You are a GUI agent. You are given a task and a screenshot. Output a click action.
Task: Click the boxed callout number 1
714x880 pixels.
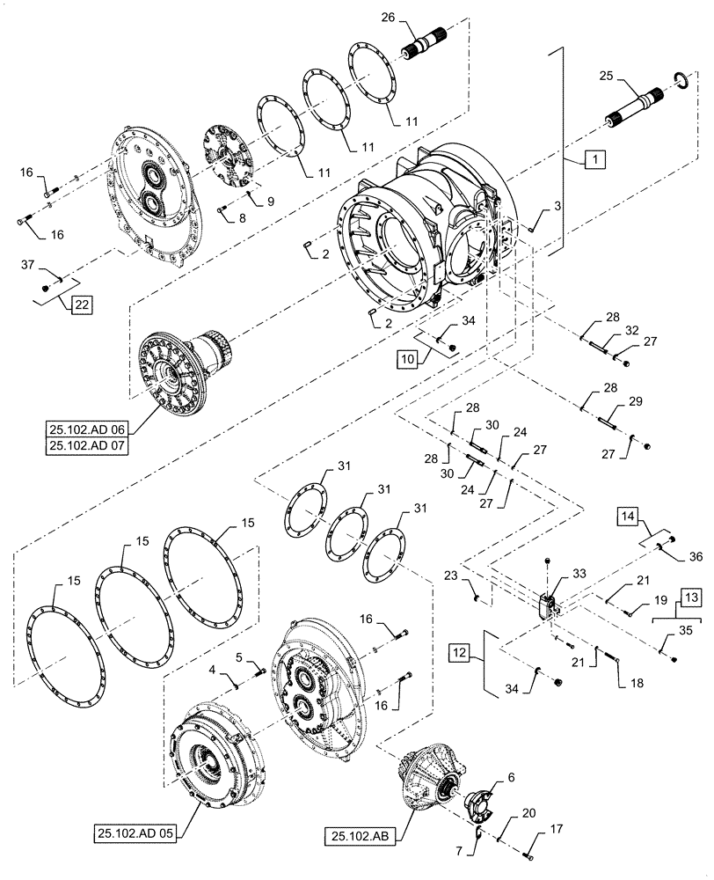click(x=594, y=160)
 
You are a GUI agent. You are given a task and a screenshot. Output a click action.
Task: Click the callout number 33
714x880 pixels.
click(x=579, y=572)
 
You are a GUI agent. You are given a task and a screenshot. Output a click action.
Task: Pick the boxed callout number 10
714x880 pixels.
click(x=406, y=358)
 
